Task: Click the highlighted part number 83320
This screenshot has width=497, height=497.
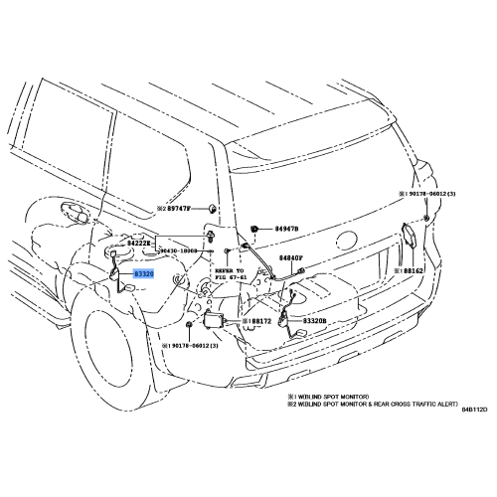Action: click(x=144, y=272)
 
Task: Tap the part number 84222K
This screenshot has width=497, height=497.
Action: click(x=140, y=243)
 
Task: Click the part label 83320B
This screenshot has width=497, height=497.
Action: click(x=317, y=322)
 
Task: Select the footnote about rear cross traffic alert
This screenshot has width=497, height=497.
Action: click(x=373, y=406)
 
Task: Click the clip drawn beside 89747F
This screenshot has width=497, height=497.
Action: click(x=213, y=209)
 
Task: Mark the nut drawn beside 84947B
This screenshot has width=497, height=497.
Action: click(x=256, y=230)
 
